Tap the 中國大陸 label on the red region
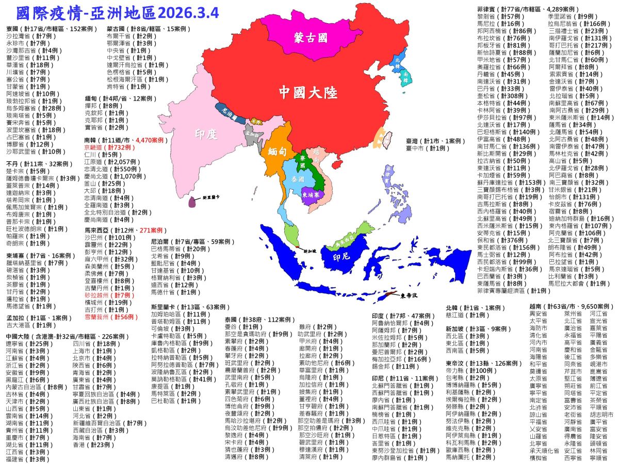308,92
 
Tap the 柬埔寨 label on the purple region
312,195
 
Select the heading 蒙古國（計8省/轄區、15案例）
145,29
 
